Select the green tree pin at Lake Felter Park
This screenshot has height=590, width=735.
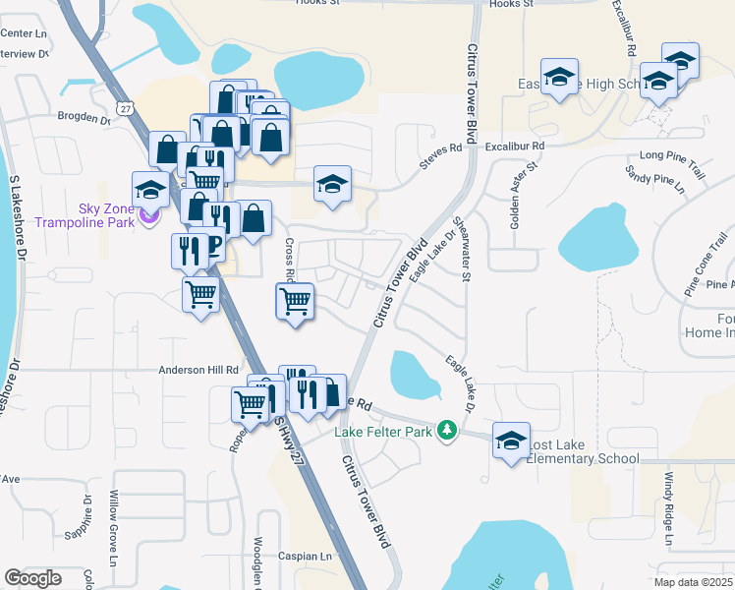click(x=447, y=431)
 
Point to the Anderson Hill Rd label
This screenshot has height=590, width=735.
click(x=199, y=371)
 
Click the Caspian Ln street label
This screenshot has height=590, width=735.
click(x=305, y=557)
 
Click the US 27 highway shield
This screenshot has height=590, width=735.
click(x=123, y=106)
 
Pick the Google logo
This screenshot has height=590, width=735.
click(x=32, y=578)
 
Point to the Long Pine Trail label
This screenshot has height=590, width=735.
click(x=672, y=155)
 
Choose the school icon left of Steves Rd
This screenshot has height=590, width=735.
click(x=332, y=184)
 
